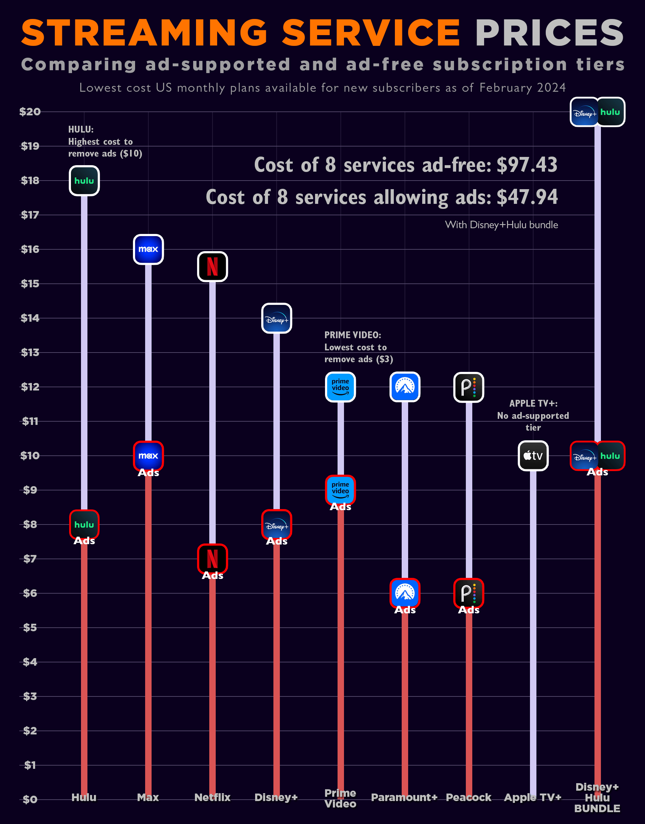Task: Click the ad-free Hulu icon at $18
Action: [84, 181]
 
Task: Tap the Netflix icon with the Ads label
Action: [212, 559]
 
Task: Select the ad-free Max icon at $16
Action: [148, 249]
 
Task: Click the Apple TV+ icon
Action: [533, 456]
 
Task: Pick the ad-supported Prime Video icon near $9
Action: [340, 490]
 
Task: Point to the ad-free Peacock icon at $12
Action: [469, 387]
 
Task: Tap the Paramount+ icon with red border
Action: [405, 593]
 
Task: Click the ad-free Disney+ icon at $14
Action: [276, 318]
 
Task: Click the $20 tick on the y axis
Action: [30, 112]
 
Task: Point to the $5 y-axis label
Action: [30, 627]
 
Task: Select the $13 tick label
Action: [30, 352]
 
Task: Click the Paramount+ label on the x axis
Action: [404, 797]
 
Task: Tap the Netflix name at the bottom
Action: [212, 797]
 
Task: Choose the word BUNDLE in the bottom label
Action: [597, 809]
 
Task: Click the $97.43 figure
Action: [527, 165]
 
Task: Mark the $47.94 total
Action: [527, 197]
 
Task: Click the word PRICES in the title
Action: [549, 33]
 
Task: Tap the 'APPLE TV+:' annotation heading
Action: [533, 403]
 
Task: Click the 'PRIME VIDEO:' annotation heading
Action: [352, 335]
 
